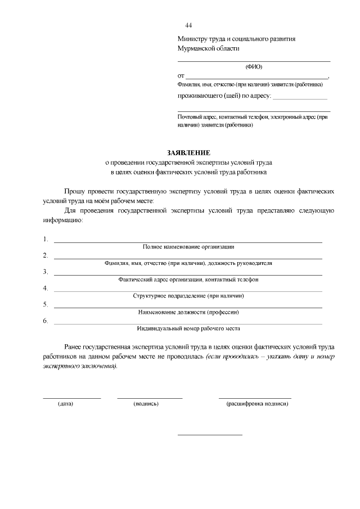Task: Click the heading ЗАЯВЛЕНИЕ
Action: point(188,152)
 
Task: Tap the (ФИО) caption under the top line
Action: point(254,66)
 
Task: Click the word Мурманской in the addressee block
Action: point(195,48)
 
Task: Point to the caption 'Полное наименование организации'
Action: point(188,246)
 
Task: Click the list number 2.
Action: point(46,255)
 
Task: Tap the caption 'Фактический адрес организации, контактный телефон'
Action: point(188,279)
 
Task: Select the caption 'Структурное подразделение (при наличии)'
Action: point(188,295)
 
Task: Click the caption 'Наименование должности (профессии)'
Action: point(188,312)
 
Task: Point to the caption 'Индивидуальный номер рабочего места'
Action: point(188,328)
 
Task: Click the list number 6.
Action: point(46,321)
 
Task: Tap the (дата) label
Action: point(66,404)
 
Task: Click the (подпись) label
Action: point(146,404)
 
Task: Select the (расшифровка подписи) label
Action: point(256,404)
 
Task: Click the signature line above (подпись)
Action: point(150,398)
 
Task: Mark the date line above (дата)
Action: point(71,398)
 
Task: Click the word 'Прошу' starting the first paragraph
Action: point(75,191)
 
